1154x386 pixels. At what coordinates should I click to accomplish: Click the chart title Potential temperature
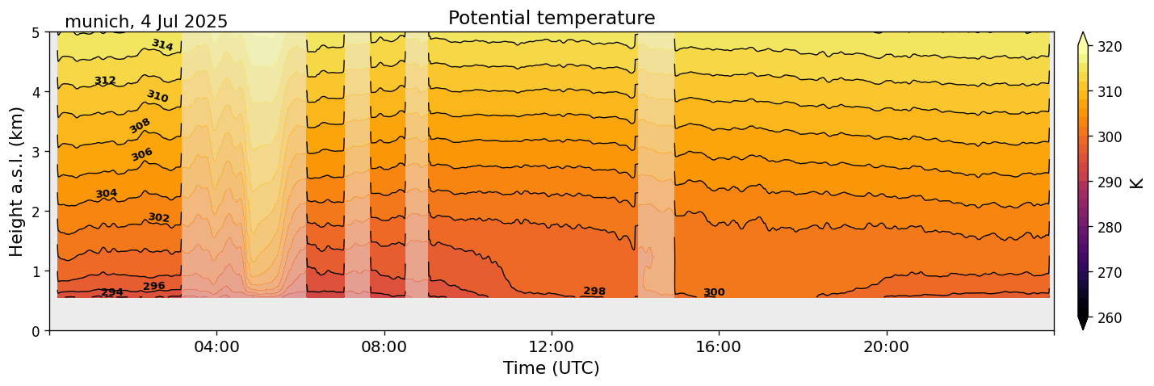(552, 18)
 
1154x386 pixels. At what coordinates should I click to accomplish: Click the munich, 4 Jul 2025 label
(146, 22)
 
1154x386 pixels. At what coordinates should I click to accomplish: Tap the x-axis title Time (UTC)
(552, 368)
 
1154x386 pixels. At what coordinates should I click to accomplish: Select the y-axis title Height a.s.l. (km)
(17, 182)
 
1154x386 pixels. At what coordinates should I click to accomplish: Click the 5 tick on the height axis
(36, 32)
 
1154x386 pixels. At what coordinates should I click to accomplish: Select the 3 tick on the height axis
(36, 152)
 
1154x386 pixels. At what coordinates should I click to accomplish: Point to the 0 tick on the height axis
(36, 331)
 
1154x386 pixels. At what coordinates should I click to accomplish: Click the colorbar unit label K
(1137, 183)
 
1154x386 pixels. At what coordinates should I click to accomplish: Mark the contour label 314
(162, 45)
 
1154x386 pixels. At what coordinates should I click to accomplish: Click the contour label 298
(594, 292)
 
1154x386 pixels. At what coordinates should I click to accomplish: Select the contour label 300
(714, 293)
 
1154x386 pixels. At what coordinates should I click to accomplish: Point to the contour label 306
(142, 154)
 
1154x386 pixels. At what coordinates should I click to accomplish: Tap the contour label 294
(112, 292)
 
